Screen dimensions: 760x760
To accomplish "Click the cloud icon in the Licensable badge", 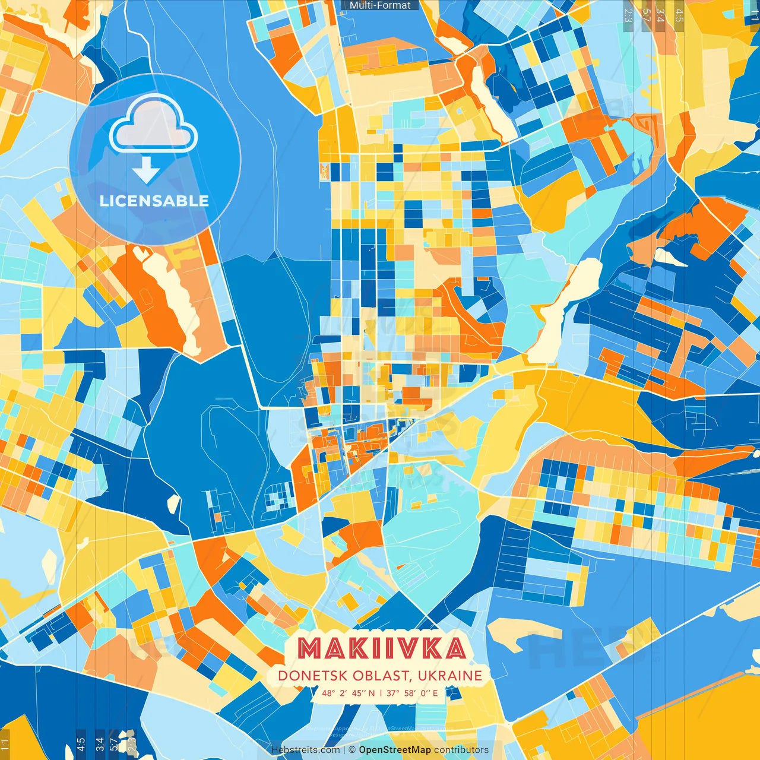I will click(153, 124).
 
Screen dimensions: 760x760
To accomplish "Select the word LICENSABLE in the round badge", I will click(154, 201).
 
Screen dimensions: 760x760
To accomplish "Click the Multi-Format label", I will click(380, 5).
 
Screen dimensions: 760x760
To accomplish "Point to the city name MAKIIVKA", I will click(382, 648).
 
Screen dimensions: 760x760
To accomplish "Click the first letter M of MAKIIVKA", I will click(309, 648).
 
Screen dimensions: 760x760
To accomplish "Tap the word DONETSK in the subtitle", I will click(312, 676).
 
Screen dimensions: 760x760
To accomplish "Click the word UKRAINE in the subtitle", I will click(449, 676).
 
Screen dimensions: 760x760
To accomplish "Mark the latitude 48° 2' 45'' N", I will click(349, 693).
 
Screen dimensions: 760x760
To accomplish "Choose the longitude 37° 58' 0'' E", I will click(412, 693).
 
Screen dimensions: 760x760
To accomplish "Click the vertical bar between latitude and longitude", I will click(381, 693).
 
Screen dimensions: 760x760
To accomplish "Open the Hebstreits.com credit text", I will click(305, 750).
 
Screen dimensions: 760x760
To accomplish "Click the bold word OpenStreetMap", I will click(395, 750).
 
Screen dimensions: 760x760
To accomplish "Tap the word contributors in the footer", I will click(461, 750).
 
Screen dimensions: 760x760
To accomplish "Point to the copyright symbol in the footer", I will click(352, 750).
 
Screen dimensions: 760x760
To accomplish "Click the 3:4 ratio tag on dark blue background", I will click(100, 743).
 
